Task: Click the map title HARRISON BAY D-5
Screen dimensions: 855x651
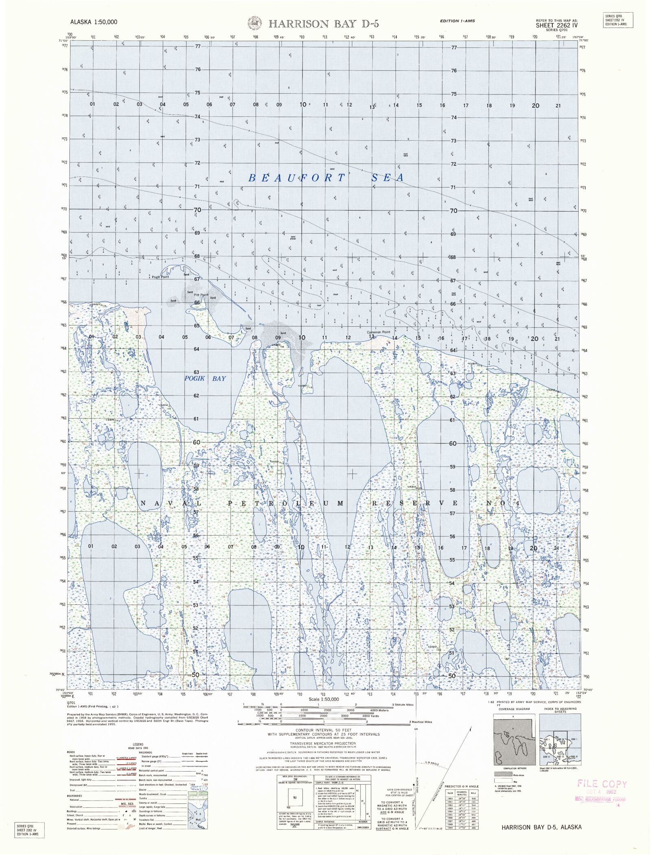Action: pos(323,24)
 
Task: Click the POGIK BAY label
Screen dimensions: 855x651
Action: pos(205,378)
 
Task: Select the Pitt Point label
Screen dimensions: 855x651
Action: pos(201,295)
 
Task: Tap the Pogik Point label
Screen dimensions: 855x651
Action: pos(160,276)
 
